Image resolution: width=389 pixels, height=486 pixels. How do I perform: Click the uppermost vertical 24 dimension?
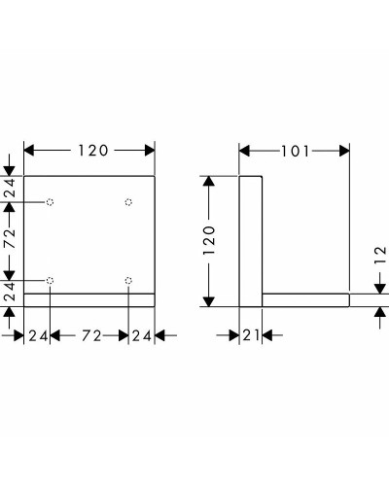tap(10, 189)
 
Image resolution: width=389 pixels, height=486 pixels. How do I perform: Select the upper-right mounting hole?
tap(128, 202)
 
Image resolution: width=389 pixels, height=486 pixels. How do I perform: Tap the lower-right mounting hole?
tap(128, 281)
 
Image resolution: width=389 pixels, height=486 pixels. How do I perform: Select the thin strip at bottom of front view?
tap(88, 299)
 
